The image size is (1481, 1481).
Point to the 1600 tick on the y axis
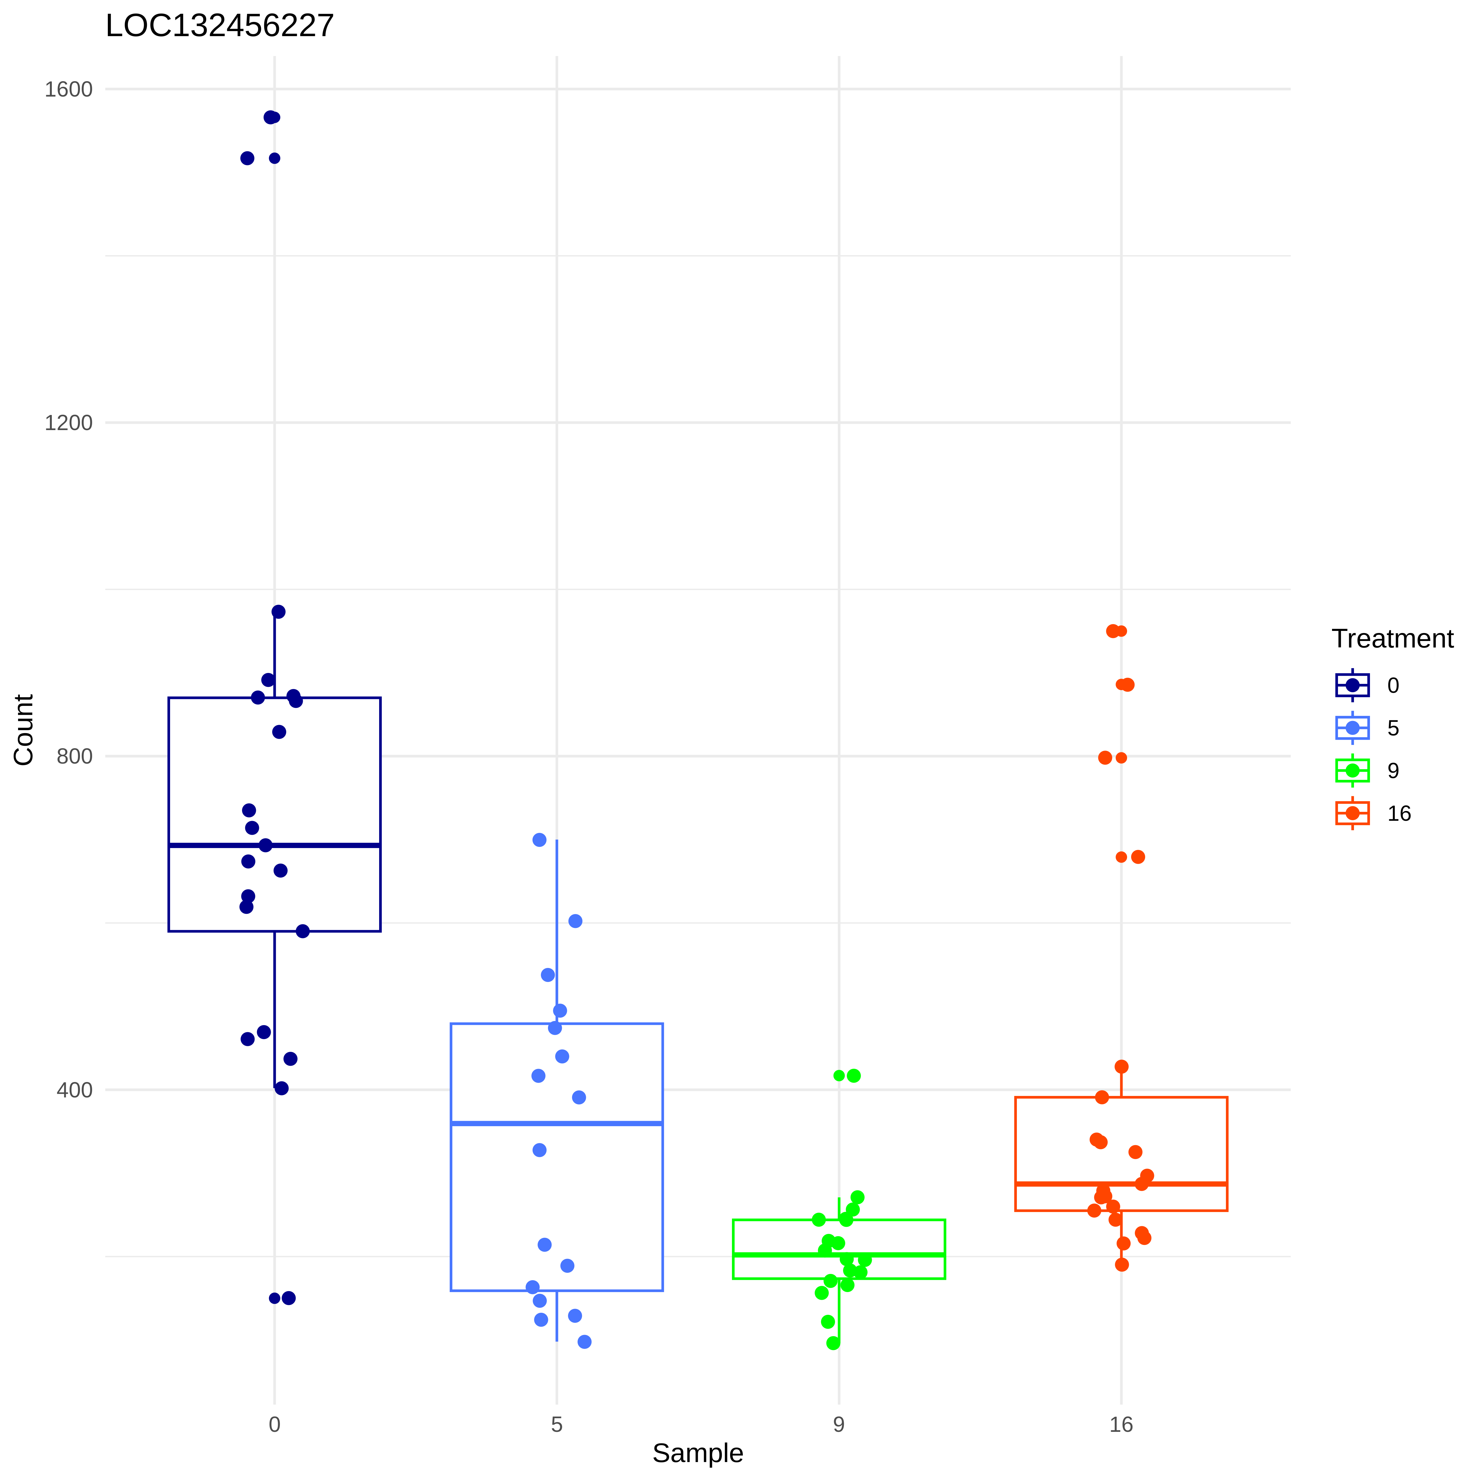click(x=68, y=90)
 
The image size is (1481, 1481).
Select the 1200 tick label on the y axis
click(x=68, y=423)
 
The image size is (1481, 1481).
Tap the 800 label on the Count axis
click(x=74, y=756)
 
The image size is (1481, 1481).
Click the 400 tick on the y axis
click(x=74, y=1090)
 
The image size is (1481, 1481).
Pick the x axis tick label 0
click(x=275, y=1425)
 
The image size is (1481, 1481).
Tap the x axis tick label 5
click(x=557, y=1425)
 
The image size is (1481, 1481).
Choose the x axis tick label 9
click(x=839, y=1425)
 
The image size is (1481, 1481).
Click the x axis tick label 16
click(x=1121, y=1425)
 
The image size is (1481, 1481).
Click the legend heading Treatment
click(x=1392, y=639)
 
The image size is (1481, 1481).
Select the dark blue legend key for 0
click(x=1352, y=685)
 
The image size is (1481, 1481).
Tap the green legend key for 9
click(x=1352, y=770)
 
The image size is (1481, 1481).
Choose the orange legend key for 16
click(x=1352, y=813)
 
